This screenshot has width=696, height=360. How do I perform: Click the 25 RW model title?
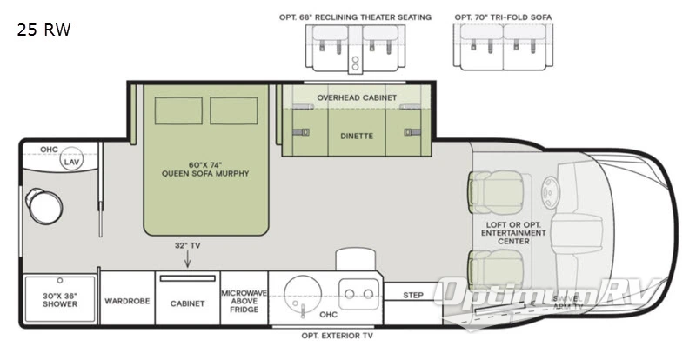(43, 30)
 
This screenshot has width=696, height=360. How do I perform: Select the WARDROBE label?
(128, 302)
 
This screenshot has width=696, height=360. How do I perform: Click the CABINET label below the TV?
(187, 303)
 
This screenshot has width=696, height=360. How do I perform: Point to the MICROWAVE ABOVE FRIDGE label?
(244, 301)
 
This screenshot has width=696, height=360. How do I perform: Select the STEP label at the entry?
(413, 295)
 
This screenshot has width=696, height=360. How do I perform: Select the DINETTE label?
(357, 136)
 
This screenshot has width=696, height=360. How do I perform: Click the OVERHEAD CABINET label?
(357, 97)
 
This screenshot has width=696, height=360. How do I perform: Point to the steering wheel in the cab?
(550, 191)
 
